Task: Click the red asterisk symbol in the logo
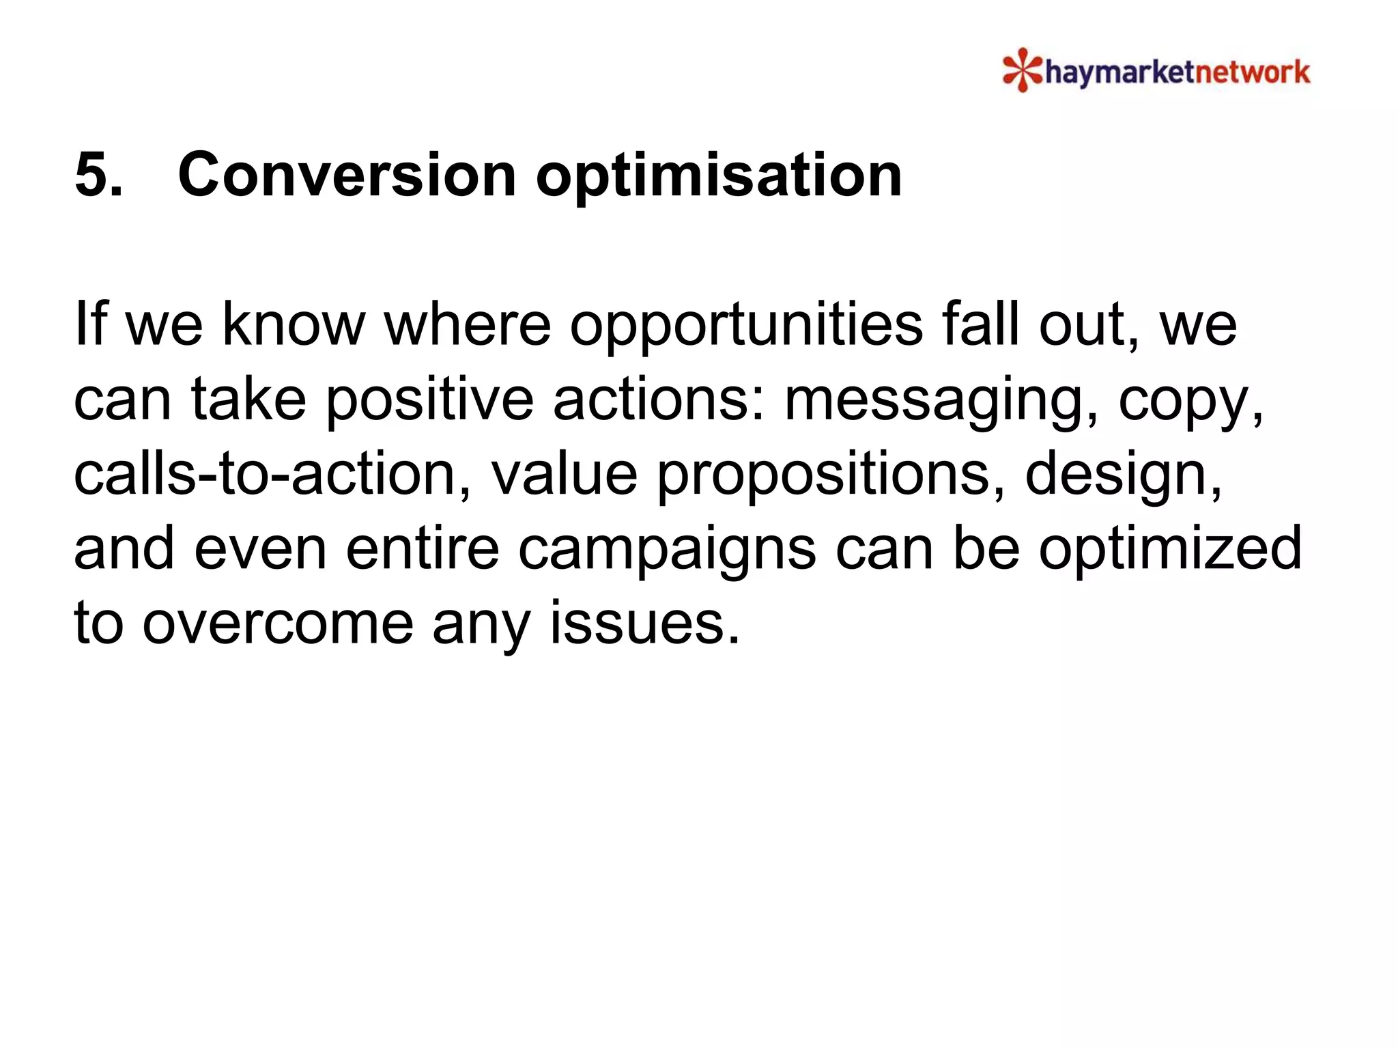(1022, 70)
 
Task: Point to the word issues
(645, 624)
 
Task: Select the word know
(294, 325)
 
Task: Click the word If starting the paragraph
(90, 325)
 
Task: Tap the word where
(468, 325)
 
